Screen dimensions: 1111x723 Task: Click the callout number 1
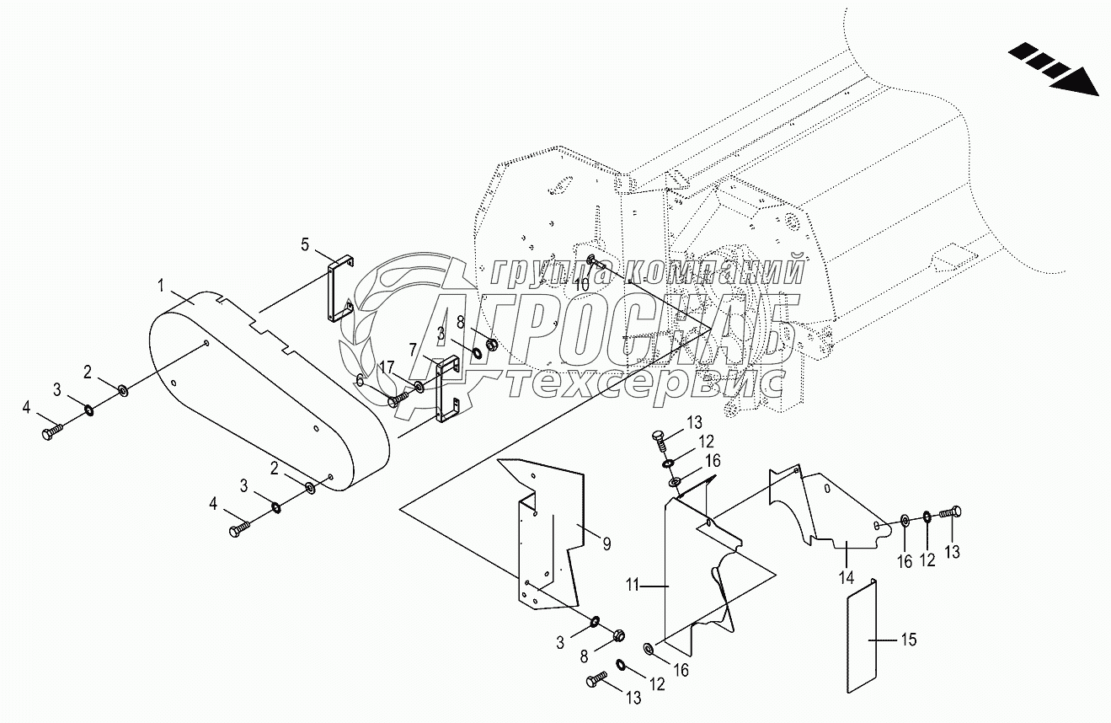(x=160, y=287)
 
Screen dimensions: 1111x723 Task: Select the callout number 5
(x=306, y=245)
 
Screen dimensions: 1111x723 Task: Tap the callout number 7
(x=413, y=348)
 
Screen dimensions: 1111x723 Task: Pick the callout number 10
(x=581, y=286)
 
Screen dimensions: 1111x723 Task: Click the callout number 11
(x=633, y=583)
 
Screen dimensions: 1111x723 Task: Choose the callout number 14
(x=847, y=578)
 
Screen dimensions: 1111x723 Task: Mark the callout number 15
(x=908, y=640)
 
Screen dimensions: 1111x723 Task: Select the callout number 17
(x=386, y=366)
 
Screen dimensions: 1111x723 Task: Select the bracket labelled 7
(x=444, y=388)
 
